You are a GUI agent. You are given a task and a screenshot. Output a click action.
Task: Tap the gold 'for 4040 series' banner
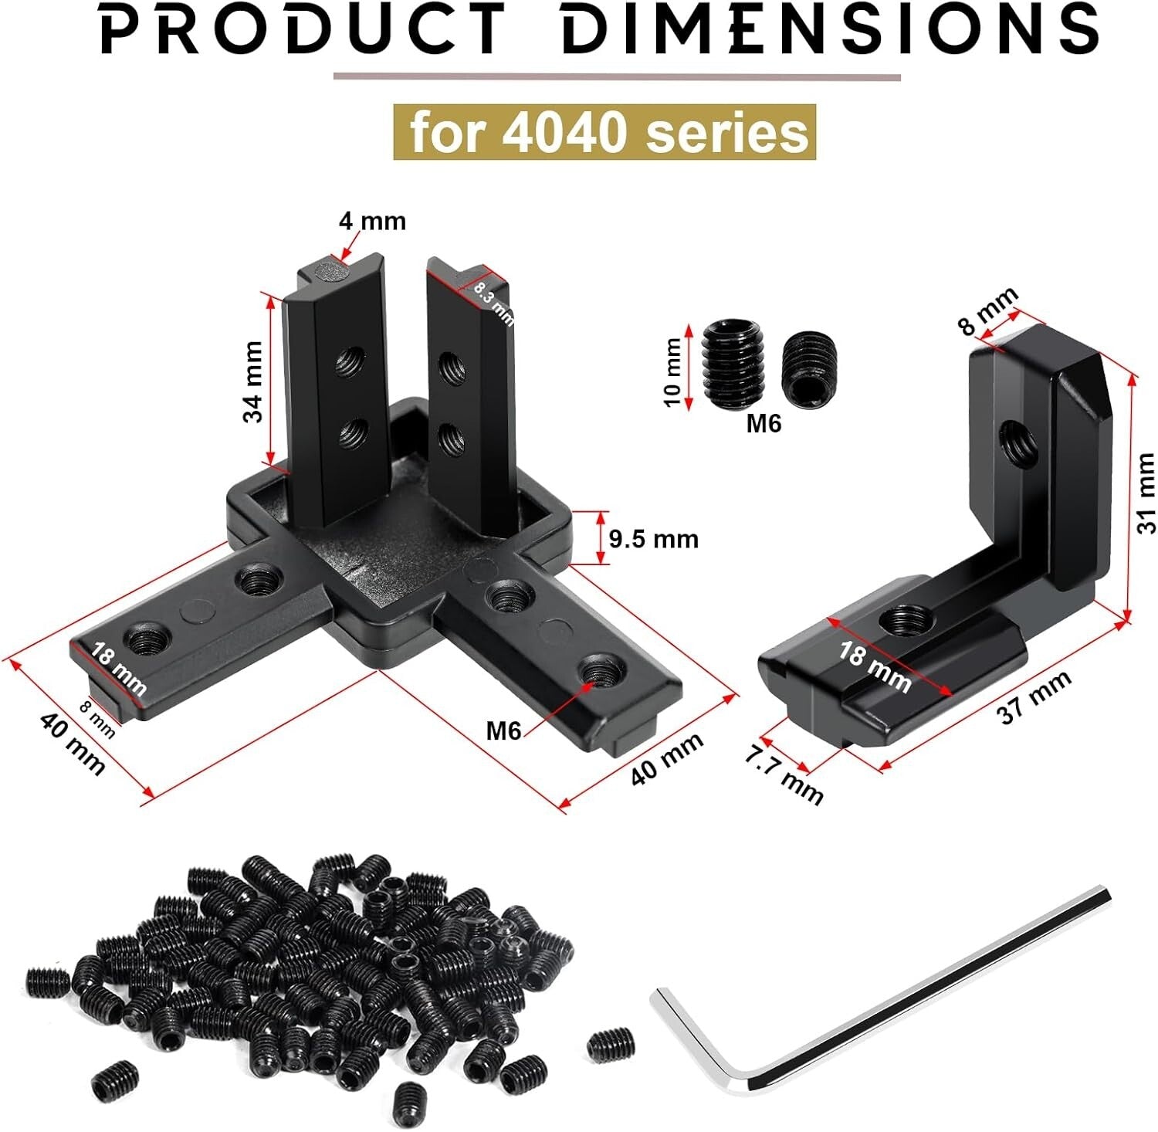(x=604, y=132)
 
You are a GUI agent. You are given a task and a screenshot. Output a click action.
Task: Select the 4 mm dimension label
(x=372, y=222)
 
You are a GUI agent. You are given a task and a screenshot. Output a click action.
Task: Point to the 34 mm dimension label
(x=253, y=381)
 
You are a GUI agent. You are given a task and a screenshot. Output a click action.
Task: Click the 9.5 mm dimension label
(x=653, y=538)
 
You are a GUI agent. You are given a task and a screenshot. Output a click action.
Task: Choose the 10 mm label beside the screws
(x=673, y=371)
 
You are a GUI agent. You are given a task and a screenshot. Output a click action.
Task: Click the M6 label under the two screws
(x=764, y=423)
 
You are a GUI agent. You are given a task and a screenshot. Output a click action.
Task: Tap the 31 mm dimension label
(x=1146, y=493)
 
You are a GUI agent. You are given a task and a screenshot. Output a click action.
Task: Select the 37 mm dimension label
(x=1034, y=696)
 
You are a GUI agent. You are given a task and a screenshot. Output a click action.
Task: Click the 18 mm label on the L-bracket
(x=875, y=666)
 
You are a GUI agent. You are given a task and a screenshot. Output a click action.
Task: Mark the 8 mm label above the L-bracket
(x=988, y=310)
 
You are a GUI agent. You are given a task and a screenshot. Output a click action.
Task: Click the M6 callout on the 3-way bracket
(x=503, y=730)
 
